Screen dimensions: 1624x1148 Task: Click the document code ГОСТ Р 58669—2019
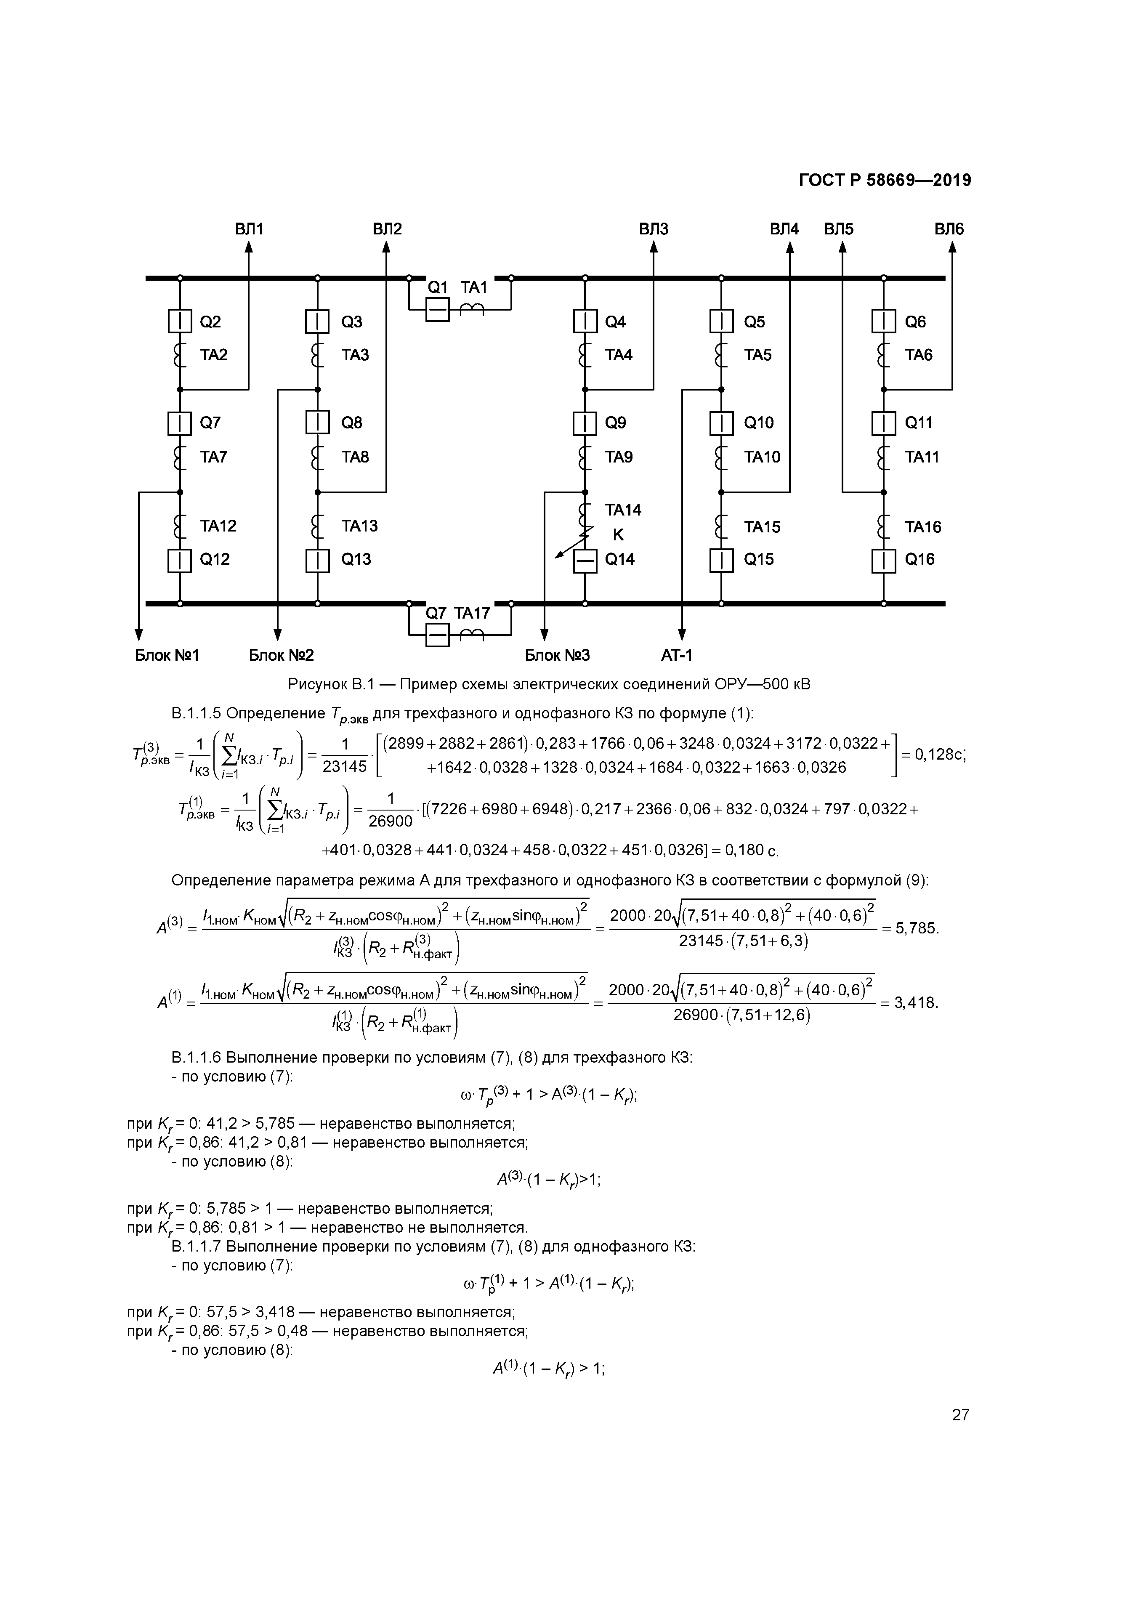pos(884,181)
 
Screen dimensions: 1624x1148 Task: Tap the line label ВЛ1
pos(249,229)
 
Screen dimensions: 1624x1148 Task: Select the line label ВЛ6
pos(949,229)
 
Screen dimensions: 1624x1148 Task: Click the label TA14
pos(622,510)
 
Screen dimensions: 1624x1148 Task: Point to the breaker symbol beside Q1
pos(437,309)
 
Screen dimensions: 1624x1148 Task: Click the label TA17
pos(472,613)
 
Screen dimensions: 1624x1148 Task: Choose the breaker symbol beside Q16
pos(883,560)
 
